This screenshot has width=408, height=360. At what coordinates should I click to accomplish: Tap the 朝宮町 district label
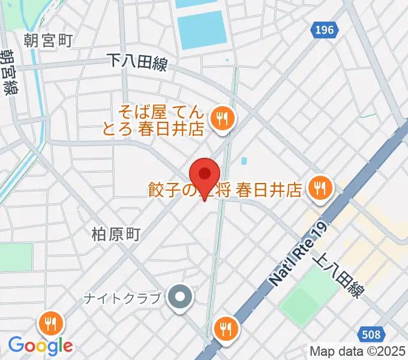49,40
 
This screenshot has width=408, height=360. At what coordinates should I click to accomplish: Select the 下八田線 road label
136,62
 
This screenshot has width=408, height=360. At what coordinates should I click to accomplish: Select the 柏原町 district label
116,234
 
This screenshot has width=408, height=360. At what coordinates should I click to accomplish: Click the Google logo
40,346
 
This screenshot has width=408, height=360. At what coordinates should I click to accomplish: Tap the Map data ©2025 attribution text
358,352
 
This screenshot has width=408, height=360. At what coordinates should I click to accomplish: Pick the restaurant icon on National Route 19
226,328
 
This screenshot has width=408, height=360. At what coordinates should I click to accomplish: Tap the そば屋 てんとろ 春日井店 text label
162,120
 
